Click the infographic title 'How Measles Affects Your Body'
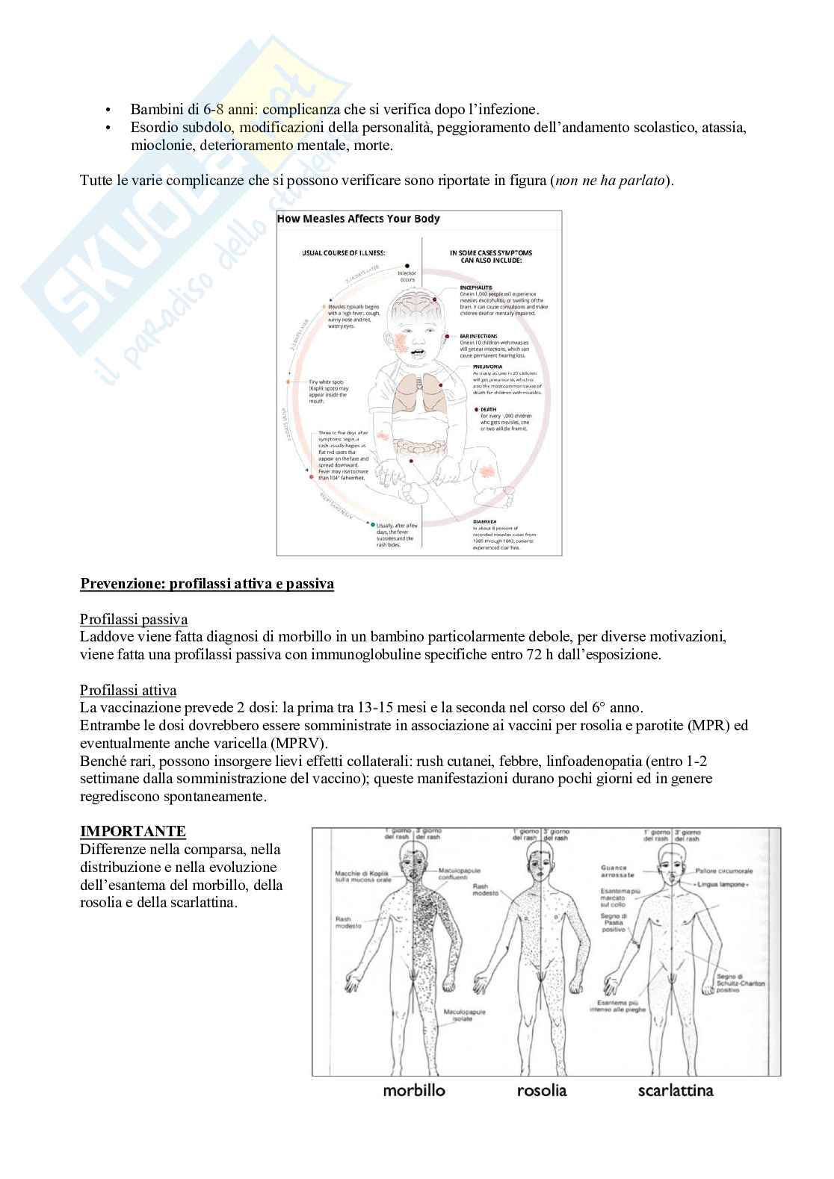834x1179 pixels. point(359,219)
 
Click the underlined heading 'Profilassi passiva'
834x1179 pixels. point(134,620)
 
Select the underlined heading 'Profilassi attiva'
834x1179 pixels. point(128,690)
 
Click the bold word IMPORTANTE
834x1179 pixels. point(133,831)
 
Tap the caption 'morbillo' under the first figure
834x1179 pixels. point(414,1090)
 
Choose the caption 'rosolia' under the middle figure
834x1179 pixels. point(542,1090)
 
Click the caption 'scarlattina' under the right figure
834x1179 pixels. point(676,1090)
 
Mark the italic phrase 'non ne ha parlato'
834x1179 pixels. point(608,181)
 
